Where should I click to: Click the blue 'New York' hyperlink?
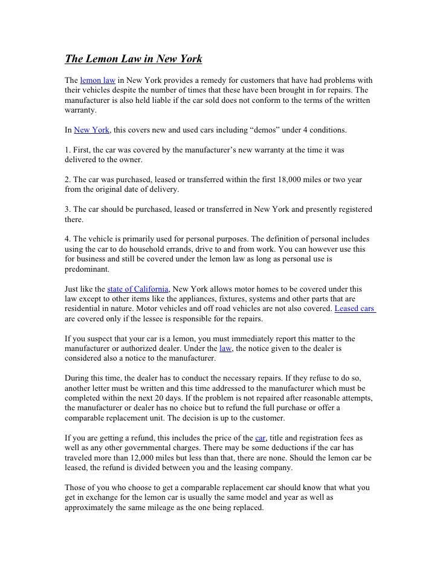tap(91, 130)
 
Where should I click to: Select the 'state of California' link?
tap(139, 287)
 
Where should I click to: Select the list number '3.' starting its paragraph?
tap(68, 209)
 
